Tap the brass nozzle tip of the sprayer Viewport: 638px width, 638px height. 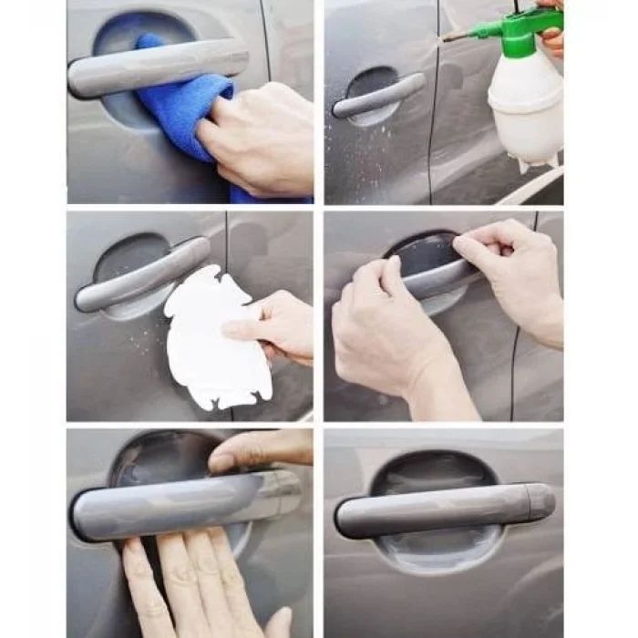(x=448, y=37)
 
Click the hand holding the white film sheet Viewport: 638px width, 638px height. (x=273, y=324)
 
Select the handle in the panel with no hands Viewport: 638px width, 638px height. (x=437, y=510)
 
